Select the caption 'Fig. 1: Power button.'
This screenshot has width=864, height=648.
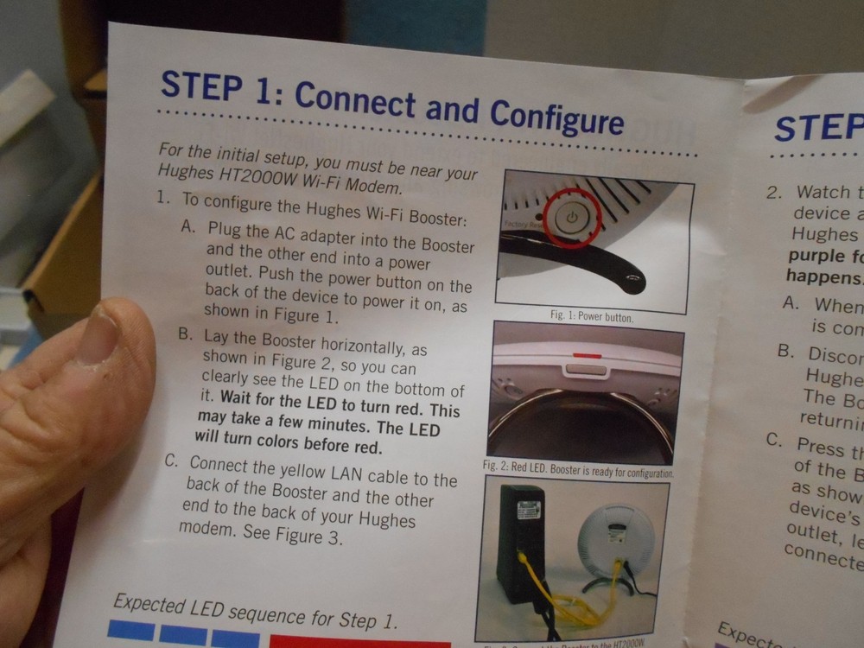point(592,317)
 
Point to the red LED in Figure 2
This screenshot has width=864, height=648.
point(584,354)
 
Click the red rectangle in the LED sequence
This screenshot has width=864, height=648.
point(359,644)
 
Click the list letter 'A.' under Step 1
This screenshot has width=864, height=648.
point(190,229)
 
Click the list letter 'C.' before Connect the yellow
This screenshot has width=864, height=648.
point(173,461)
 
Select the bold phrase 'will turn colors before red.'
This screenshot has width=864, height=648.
point(289,447)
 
